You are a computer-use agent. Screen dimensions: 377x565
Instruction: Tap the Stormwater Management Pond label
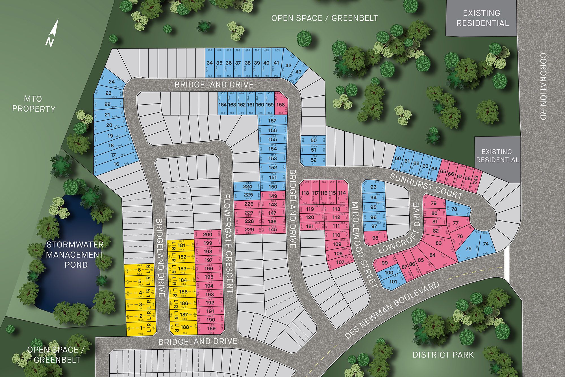[x=75, y=255]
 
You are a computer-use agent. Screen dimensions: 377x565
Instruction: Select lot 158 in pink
[x=281, y=105]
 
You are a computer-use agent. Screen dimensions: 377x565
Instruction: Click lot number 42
[x=288, y=65]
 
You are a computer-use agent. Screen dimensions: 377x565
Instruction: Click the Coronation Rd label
[x=543, y=86]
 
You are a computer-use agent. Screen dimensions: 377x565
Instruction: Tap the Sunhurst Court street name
[x=426, y=187]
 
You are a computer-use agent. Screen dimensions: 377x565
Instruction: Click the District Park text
[x=443, y=355]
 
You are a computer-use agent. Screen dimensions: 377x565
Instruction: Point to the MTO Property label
[x=33, y=104]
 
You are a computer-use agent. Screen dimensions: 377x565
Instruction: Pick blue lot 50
[x=314, y=141]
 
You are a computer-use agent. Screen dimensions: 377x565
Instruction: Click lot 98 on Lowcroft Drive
[x=375, y=238]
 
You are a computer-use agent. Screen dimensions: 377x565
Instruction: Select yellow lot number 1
[x=141, y=328]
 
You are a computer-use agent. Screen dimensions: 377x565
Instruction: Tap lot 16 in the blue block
[x=116, y=164]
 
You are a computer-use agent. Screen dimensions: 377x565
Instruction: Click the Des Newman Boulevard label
[x=392, y=310]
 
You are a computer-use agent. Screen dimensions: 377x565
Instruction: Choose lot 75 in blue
[x=468, y=249]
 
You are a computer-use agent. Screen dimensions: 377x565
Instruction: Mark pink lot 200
[x=208, y=234]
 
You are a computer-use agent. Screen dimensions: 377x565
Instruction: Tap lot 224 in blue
[x=247, y=186]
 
